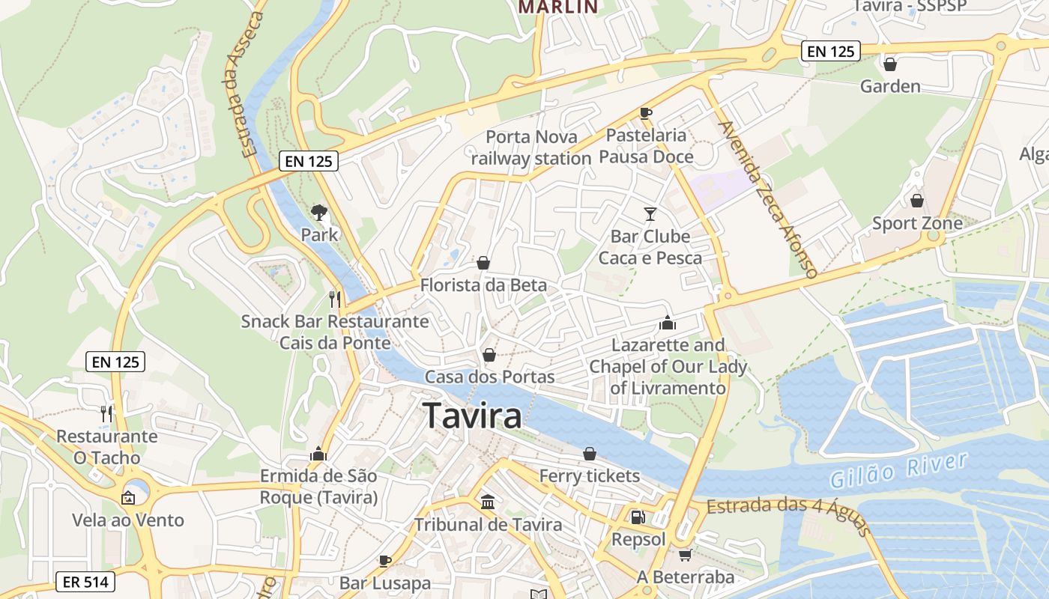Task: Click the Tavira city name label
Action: click(472, 416)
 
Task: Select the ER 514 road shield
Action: click(85, 582)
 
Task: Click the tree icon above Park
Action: click(319, 213)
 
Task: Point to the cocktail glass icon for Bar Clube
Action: click(650, 214)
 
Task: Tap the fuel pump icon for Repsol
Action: click(638, 517)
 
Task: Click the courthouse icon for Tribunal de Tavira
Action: click(488, 502)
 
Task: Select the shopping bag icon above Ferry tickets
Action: click(590, 454)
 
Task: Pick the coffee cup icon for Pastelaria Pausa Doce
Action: click(645, 113)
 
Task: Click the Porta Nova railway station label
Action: click(531, 148)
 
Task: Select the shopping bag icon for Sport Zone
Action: click(916, 201)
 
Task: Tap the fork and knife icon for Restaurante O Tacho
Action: click(106, 413)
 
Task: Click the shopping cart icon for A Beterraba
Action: click(685, 555)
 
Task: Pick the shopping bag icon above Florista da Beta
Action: click(483, 263)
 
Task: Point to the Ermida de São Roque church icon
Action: click(318, 454)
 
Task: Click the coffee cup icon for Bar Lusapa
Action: click(385, 560)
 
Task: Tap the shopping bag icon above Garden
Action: click(890, 64)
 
